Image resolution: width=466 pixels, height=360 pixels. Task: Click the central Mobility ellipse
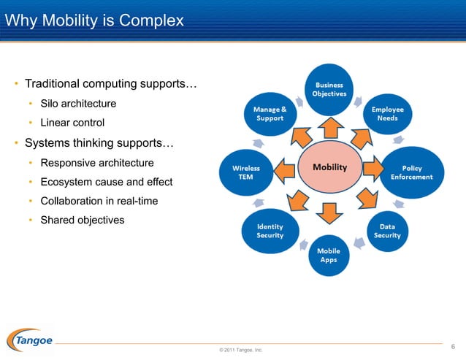click(329, 168)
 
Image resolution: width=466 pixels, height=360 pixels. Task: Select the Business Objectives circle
click(329, 90)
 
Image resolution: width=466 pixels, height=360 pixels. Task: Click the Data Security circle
click(387, 231)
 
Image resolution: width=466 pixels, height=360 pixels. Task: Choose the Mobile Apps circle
click(329, 255)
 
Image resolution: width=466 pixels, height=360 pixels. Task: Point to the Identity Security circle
click(270, 231)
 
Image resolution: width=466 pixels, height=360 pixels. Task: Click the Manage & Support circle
click(270, 114)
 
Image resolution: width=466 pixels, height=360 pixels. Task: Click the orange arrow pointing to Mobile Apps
click(330, 212)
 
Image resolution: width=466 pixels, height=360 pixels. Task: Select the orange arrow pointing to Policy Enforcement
click(372, 169)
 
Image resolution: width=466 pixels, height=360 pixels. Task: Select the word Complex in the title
click(153, 21)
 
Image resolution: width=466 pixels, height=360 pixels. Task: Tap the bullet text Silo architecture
click(78, 104)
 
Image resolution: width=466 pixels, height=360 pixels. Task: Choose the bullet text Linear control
click(72, 123)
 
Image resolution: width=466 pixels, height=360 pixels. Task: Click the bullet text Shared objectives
click(82, 220)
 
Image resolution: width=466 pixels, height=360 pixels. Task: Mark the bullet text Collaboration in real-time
click(99, 201)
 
